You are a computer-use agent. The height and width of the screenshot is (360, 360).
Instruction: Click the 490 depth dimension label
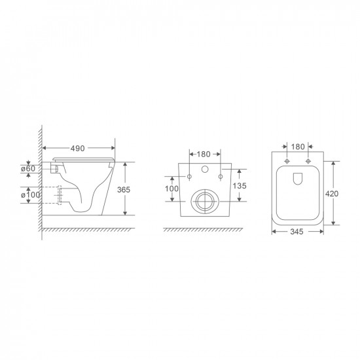77,149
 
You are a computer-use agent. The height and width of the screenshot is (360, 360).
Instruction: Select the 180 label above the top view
297,148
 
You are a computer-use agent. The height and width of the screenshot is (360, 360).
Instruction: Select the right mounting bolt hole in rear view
222,176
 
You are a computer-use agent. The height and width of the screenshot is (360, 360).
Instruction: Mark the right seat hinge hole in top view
307,161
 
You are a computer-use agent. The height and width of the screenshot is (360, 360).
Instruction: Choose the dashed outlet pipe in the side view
63,194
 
